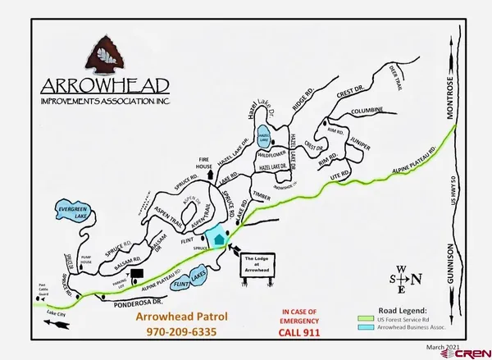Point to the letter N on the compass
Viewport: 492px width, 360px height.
pyautogui.click(x=417, y=278)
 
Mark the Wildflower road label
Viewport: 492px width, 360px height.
pyautogui.click(x=271, y=153)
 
